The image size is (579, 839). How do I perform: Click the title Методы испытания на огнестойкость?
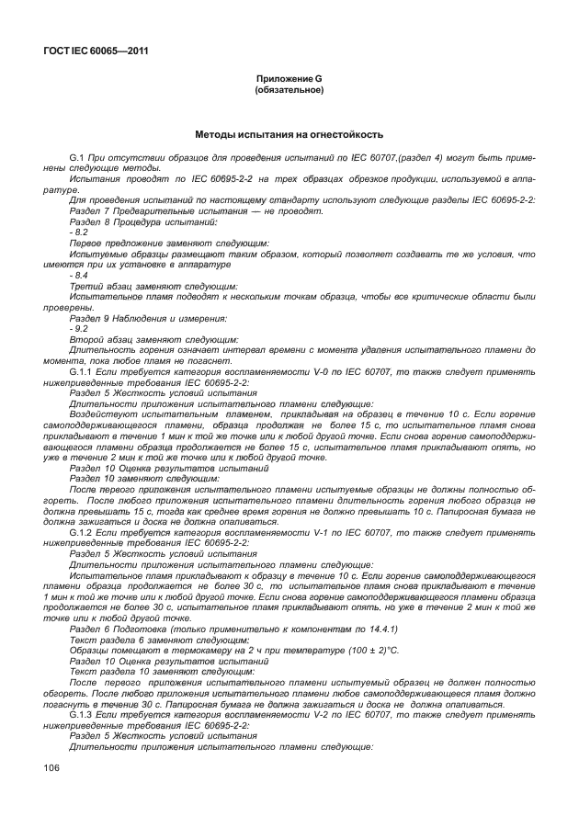pyautogui.click(x=288, y=134)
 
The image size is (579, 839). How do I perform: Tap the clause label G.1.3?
pyautogui.click(x=84, y=713)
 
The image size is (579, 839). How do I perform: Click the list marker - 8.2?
pyautogui.click(x=79, y=233)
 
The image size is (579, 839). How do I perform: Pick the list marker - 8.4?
pyautogui.click(x=79, y=275)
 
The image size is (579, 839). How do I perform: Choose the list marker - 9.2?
pyautogui.click(x=79, y=328)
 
